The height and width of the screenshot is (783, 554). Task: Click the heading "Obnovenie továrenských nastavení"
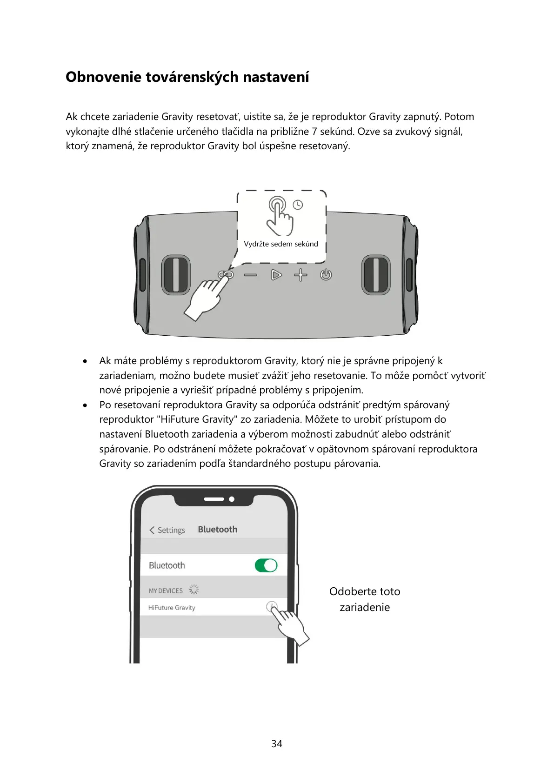[x=187, y=77]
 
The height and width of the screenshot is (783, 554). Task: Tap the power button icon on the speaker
[x=326, y=275]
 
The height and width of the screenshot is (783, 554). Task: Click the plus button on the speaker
[x=300, y=275]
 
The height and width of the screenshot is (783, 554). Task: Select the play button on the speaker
[x=276, y=275]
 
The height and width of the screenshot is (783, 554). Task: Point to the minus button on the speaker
[x=251, y=275]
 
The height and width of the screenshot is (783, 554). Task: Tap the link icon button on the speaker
[x=226, y=275]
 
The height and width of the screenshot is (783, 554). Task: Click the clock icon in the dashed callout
[x=298, y=205]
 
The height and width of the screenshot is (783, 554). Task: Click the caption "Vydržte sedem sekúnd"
[x=281, y=244]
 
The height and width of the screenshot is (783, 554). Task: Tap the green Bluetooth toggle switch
[x=266, y=565]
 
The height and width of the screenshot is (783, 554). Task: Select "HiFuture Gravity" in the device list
[x=172, y=608]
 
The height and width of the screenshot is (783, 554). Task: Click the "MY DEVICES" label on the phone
[x=166, y=591]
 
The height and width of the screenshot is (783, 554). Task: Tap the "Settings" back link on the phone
[x=167, y=530]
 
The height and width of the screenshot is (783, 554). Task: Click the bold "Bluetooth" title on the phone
[x=217, y=529]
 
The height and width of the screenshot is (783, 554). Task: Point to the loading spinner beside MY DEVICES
[x=194, y=590]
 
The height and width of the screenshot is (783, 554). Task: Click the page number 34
[x=277, y=743]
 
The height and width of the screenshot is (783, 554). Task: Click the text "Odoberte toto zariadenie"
[x=365, y=599]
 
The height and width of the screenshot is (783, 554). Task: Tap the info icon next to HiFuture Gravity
[x=271, y=606]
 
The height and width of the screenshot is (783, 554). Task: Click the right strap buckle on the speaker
[x=376, y=275]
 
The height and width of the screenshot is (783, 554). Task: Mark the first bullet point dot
[x=85, y=361]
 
